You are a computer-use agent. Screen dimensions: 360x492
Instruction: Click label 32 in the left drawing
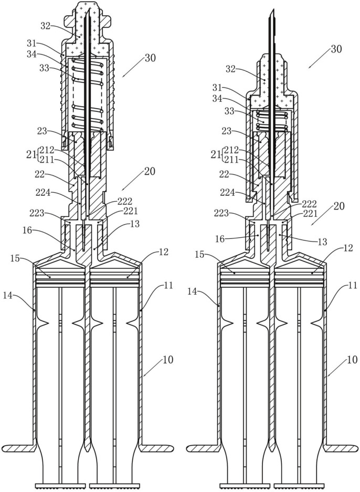pos(46,26)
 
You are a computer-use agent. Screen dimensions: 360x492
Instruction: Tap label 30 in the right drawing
pos(336,49)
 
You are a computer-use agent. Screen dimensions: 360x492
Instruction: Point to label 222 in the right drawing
pos(310,203)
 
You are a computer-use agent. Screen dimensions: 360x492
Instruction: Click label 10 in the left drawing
pos(168,360)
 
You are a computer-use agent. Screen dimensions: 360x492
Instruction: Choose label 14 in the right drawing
pos(193,291)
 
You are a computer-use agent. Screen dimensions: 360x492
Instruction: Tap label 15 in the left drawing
pos(15,258)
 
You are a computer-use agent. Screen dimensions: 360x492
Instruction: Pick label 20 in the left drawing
pos(150,171)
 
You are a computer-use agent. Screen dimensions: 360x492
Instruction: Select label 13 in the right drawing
pos(322,242)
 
